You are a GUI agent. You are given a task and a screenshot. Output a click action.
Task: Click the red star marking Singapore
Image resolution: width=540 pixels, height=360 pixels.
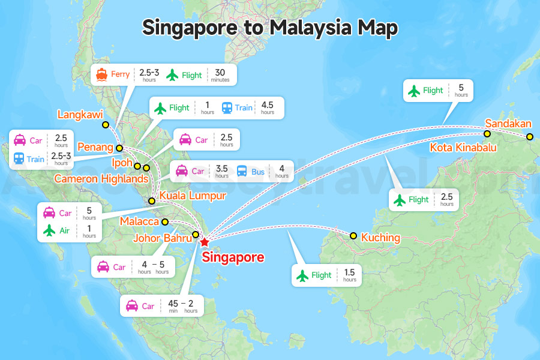click(205, 242)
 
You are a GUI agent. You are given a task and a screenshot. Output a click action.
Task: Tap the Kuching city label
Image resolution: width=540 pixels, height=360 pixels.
click(380, 238)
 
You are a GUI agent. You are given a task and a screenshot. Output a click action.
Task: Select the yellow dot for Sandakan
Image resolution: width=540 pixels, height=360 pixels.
click(530, 137)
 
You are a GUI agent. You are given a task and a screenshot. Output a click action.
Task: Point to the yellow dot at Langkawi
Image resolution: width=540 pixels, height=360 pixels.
click(106, 125)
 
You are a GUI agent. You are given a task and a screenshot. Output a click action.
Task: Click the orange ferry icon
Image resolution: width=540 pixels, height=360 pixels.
click(101, 75)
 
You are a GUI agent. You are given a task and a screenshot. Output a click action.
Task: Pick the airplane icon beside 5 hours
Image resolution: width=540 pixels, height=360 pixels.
click(414, 91)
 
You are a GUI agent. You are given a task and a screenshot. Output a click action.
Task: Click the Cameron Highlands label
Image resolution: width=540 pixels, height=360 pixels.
click(101, 179)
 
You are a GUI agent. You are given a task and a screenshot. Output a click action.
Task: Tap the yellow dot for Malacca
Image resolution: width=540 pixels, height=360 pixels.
click(165, 222)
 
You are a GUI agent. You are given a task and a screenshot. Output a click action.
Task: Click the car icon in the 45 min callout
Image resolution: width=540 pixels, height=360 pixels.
click(132, 306)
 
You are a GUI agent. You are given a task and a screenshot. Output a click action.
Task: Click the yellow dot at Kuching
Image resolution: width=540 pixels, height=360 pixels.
click(353, 236)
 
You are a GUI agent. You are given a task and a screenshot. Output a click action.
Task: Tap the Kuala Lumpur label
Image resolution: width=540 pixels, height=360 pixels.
click(193, 196)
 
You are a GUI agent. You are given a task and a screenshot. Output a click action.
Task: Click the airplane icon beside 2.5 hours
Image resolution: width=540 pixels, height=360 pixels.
click(400, 200)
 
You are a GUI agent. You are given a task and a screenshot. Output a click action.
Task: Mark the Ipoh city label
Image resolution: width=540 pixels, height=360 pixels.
click(122, 162)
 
